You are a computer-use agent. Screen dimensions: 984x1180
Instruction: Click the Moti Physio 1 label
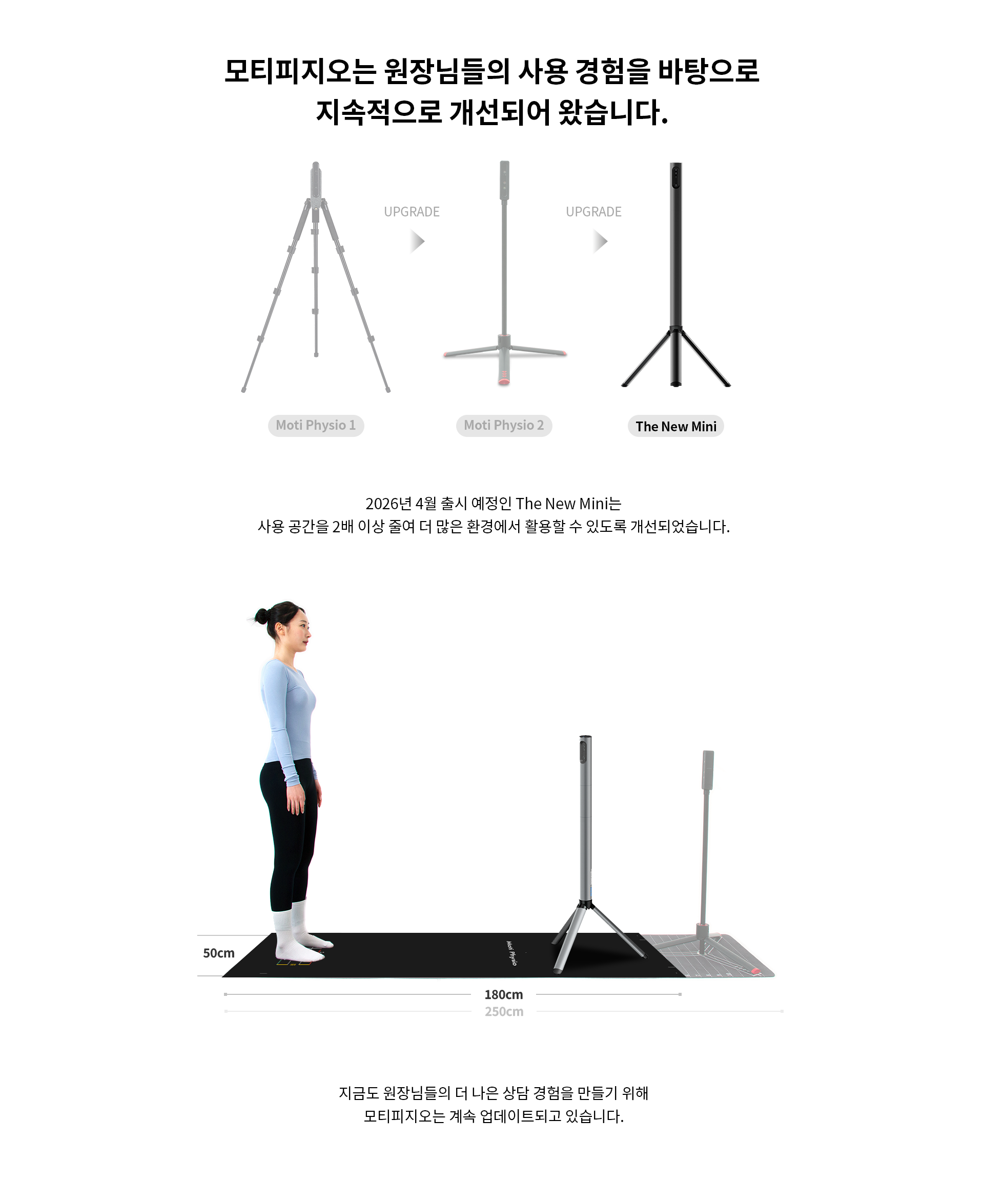(x=316, y=425)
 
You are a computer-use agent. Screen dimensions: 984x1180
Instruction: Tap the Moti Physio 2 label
(x=504, y=425)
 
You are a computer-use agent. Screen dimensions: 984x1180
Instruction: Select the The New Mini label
(x=675, y=427)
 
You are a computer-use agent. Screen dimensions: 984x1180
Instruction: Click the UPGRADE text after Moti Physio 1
(x=412, y=212)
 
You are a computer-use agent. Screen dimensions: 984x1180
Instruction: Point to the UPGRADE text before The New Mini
(x=593, y=212)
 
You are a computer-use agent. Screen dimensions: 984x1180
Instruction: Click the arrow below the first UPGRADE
(x=417, y=242)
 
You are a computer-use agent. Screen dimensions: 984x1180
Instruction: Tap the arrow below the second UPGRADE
(x=601, y=242)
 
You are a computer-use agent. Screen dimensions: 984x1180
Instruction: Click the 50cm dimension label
(x=218, y=953)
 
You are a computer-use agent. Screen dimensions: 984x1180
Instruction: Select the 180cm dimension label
(x=504, y=994)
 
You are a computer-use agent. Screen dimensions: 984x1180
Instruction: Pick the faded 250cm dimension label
(x=504, y=1011)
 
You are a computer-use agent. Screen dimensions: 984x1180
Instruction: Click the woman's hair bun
(x=261, y=616)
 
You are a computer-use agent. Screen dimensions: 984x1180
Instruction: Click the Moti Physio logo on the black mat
(x=511, y=953)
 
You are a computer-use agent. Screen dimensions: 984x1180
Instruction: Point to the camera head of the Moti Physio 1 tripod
(x=316, y=181)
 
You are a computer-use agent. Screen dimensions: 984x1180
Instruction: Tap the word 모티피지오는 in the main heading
(x=300, y=71)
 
